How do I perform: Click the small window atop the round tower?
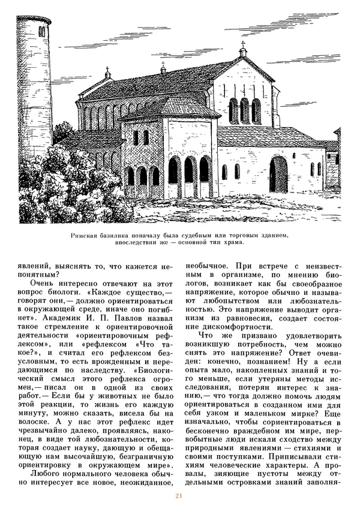point(43,29)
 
